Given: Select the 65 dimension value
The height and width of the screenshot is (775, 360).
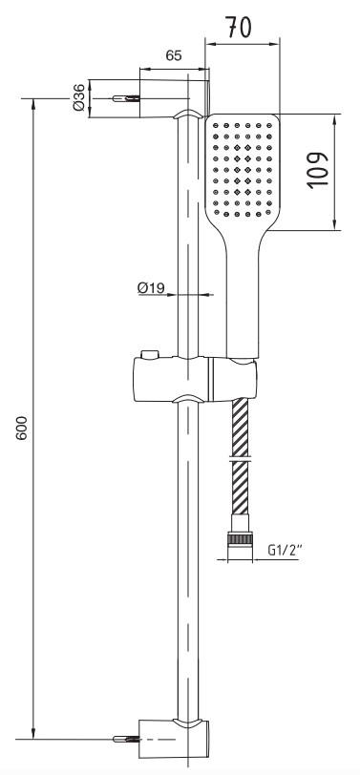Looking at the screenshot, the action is [174, 56].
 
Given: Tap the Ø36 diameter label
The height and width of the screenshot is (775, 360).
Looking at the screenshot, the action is [78, 97].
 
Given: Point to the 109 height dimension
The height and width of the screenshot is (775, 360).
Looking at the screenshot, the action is [317, 170].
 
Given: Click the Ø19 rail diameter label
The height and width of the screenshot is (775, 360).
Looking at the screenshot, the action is [151, 287].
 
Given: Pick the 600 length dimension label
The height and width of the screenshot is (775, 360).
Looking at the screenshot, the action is [21, 428].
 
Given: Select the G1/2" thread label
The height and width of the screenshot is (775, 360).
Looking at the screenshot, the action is [285, 550].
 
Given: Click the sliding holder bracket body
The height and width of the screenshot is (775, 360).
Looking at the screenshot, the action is [195, 379].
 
